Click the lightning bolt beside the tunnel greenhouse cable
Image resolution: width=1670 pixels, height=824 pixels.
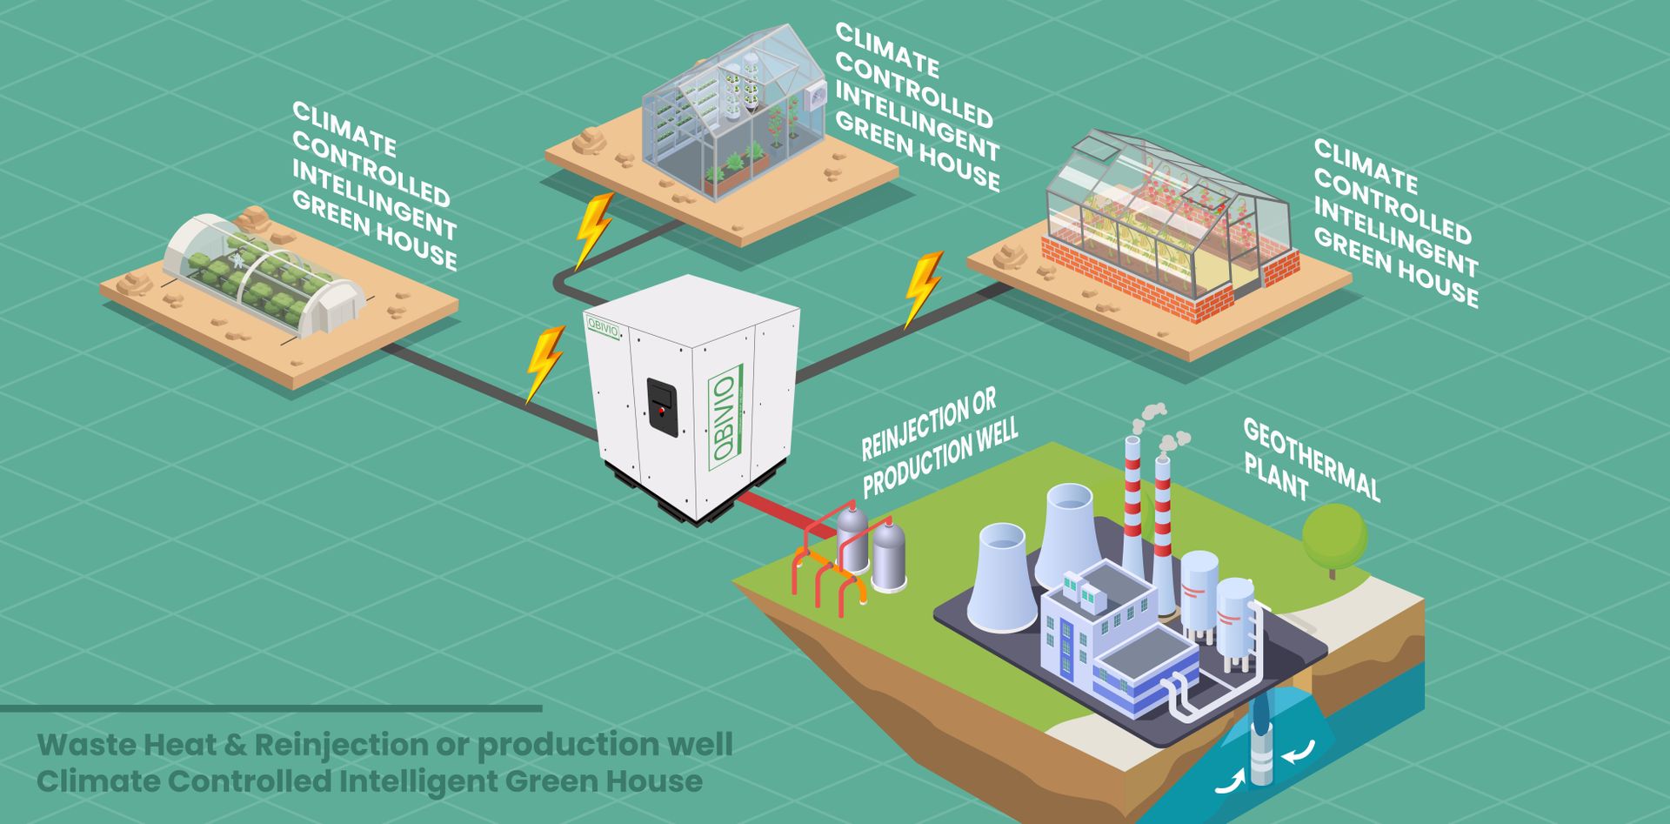pyautogui.click(x=544, y=364)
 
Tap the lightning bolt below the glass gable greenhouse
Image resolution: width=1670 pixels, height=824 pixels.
pyautogui.click(x=594, y=230)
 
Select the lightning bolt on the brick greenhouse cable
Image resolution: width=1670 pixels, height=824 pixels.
pyautogui.click(x=923, y=288)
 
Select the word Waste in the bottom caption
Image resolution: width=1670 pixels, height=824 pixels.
pyautogui.click(x=85, y=745)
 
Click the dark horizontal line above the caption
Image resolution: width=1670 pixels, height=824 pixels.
pyautogui.click(x=270, y=709)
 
